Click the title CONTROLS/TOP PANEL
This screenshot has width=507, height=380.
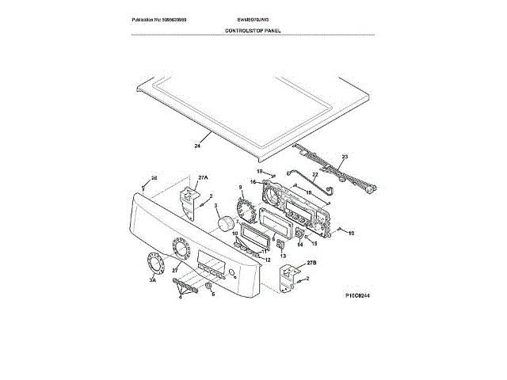pos(253,30)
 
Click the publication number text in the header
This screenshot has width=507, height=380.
pos(164,18)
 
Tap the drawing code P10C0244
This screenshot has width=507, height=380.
pos(359,295)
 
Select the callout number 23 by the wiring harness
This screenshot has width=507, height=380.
pos(345,157)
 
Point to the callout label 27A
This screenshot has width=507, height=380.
pos(203,177)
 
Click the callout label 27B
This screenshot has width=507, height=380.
pos(311,262)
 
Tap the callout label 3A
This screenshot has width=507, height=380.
pos(153,280)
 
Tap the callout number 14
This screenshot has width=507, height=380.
pos(300,245)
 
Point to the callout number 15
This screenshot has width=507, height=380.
pos(314,243)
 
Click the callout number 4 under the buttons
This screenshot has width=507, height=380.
pos(180,297)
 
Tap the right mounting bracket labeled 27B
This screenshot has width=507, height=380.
pos(290,277)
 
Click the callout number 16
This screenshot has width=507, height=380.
pos(253,181)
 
